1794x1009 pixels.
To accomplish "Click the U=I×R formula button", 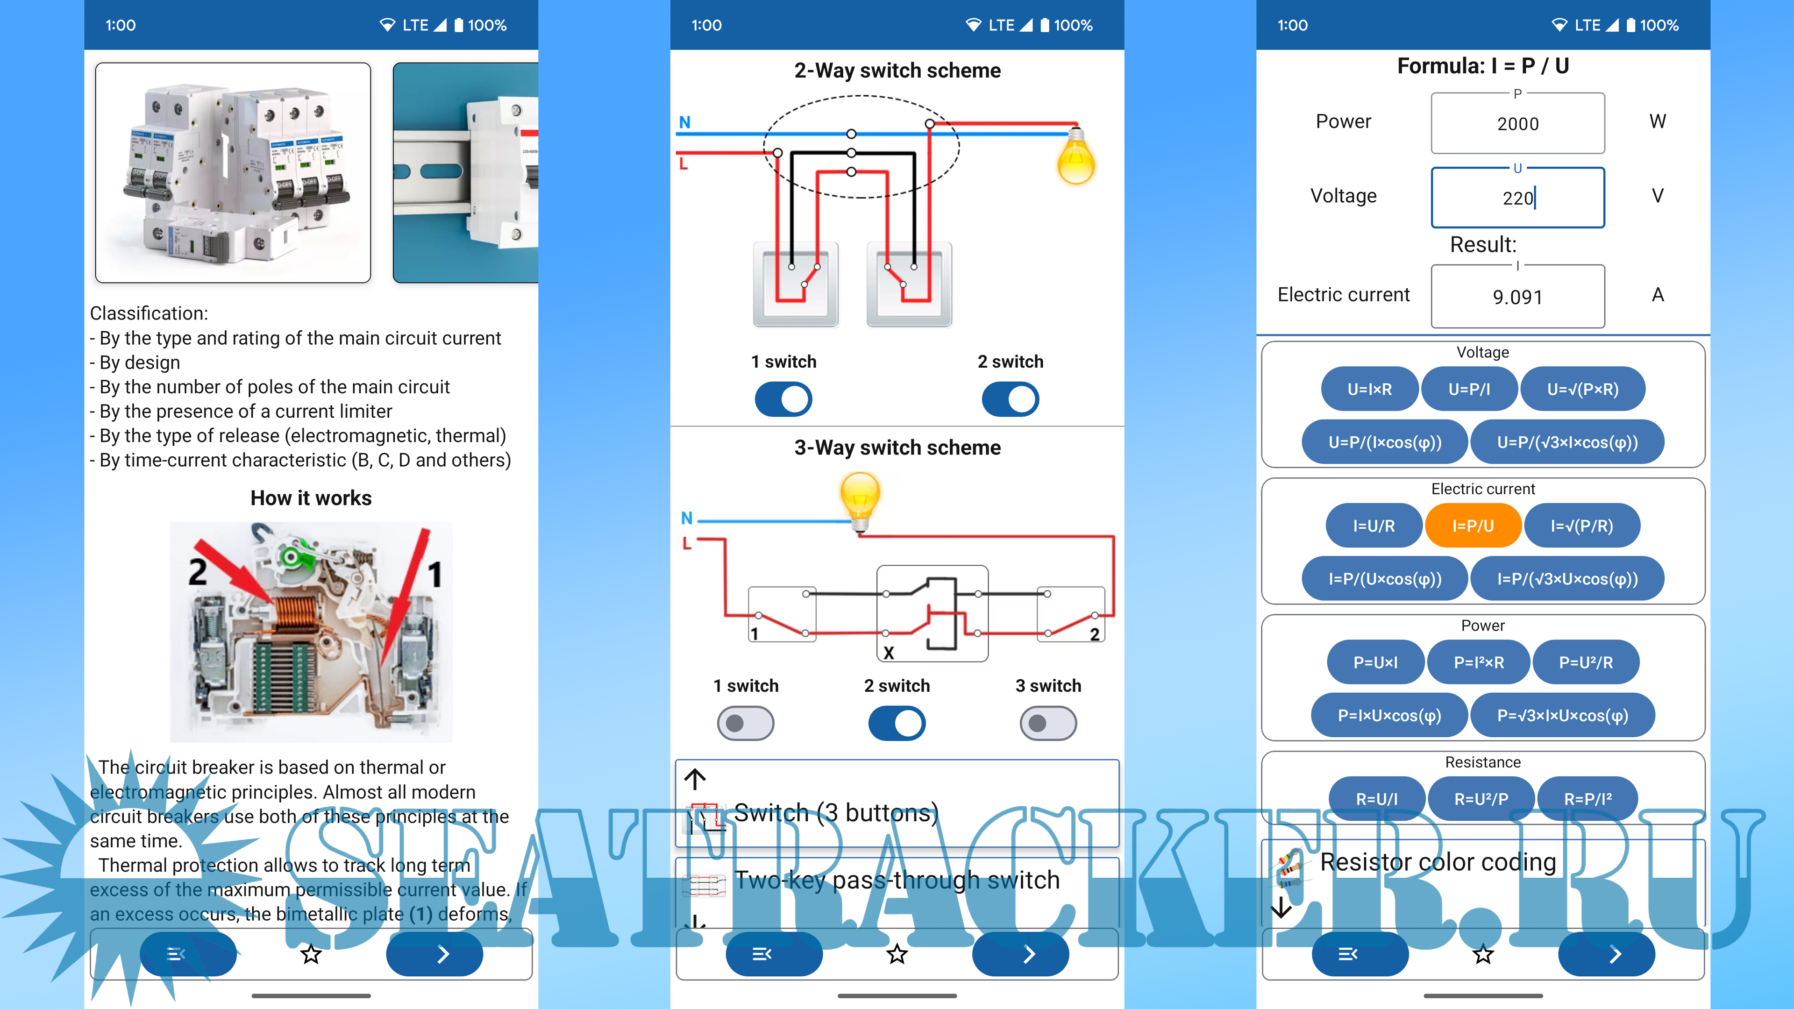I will (1369, 389).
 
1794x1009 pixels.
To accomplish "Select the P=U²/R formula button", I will (1586, 662).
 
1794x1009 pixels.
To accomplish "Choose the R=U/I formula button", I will (1376, 799).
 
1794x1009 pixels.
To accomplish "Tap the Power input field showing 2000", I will (1517, 124).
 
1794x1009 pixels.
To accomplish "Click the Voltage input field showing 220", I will (1517, 199).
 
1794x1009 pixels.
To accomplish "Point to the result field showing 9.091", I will (1517, 298).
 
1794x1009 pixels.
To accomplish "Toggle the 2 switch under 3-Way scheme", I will (897, 724).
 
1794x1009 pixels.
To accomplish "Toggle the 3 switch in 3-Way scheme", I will (1047, 724).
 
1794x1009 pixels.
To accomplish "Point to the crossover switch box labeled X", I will (932, 613).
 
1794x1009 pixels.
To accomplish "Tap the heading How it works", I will (311, 498).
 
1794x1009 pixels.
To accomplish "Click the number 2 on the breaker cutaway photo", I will (198, 572).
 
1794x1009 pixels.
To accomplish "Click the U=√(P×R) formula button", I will (1582, 389).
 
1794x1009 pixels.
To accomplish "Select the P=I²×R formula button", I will (1479, 662).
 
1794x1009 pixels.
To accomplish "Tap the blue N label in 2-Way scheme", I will (684, 122).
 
